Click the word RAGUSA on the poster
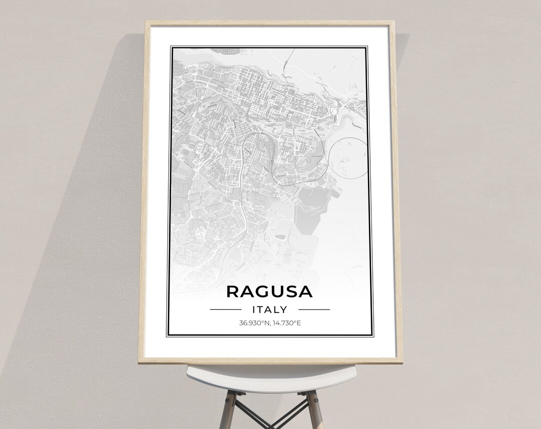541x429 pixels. (x=269, y=291)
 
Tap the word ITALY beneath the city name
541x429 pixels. (x=269, y=309)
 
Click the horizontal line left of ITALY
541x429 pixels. (x=225, y=309)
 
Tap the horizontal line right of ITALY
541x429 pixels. (x=314, y=309)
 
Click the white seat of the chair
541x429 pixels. (x=270, y=375)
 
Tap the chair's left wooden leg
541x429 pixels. (x=229, y=408)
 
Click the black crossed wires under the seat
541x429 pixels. (x=270, y=415)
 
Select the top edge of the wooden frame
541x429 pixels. (x=269, y=23)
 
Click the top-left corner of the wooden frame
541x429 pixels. (x=146, y=23)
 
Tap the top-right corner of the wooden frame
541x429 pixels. (x=393, y=23)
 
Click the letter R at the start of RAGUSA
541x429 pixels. (x=233, y=291)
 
